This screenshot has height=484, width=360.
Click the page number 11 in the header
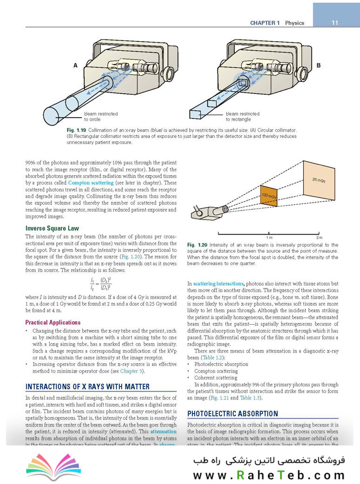click(334, 23)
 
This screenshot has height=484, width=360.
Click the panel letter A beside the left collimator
click(75, 66)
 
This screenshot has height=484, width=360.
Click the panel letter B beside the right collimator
click(319, 65)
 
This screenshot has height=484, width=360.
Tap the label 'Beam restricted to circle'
click(101, 116)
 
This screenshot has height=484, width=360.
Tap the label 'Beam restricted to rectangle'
click(242, 116)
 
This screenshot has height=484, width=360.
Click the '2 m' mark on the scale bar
click(319, 237)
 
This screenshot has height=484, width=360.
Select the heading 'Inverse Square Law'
click(52, 228)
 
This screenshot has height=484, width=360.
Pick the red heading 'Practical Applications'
click(53, 322)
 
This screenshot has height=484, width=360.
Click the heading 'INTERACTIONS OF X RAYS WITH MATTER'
click(87, 386)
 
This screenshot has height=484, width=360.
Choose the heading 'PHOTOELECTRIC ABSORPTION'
click(232, 413)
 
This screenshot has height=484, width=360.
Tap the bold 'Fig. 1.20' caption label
click(197, 245)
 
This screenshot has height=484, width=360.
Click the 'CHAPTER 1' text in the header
click(264, 23)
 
